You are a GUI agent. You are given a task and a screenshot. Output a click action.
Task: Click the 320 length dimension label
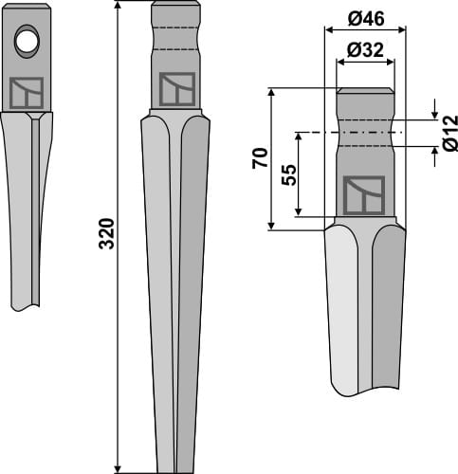(x=106, y=233)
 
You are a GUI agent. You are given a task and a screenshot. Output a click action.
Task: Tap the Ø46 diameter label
(x=365, y=17)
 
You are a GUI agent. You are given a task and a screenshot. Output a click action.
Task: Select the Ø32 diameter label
(x=365, y=51)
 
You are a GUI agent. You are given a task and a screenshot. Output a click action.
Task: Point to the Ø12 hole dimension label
(x=449, y=134)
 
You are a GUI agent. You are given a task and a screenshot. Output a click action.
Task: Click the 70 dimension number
(x=259, y=157)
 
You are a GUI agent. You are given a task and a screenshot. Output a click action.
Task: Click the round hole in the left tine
(x=27, y=40)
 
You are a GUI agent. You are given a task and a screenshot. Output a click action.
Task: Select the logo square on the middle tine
(x=175, y=88)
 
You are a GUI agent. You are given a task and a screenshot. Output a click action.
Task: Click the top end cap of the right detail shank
(x=365, y=91)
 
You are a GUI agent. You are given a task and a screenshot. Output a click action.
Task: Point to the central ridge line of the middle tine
(x=175, y=284)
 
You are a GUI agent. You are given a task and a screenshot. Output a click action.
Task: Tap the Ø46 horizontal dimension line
(x=365, y=29)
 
